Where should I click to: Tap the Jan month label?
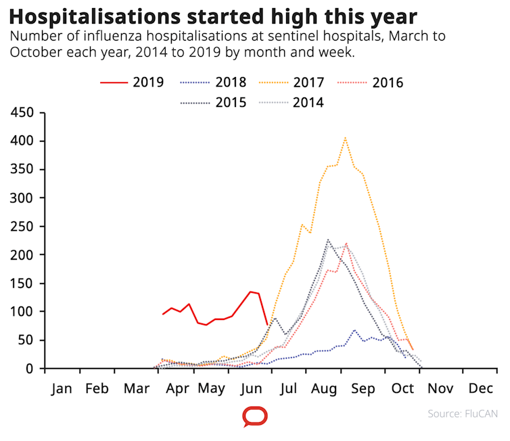tap(61, 389)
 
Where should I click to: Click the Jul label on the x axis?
tap(289, 389)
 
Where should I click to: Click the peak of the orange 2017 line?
tap(345, 138)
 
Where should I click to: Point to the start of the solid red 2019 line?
tap(163, 314)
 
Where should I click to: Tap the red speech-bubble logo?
tap(254, 417)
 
